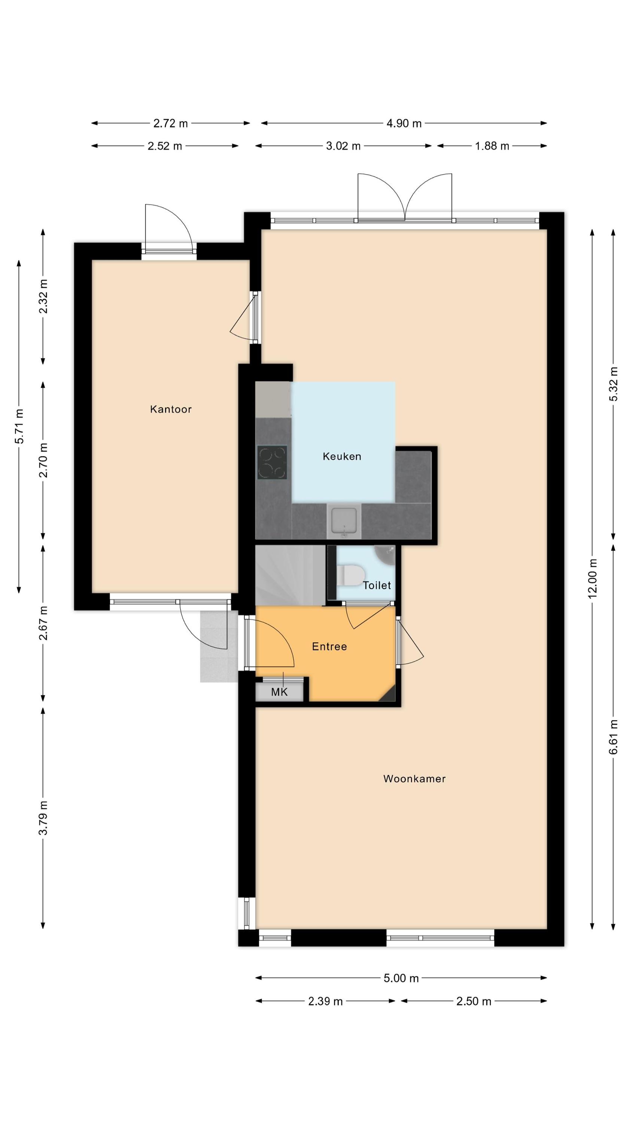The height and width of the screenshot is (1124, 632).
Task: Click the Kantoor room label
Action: click(x=170, y=409)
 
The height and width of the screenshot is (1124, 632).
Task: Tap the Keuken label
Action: click(x=342, y=456)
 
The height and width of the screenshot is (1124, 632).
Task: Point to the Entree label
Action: click(x=329, y=647)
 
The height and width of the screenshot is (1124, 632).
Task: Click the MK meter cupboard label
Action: click(x=279, y=692)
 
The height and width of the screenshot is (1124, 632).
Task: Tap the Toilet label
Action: click(x=377, y=586)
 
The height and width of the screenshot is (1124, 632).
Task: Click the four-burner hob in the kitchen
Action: click(x=272, y=462)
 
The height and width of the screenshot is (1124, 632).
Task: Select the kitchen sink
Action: click(x=344, y=520)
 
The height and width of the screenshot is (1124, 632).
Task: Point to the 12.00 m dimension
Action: click(x=592, y=578)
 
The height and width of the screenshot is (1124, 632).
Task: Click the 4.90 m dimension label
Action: click(x=404, y=124)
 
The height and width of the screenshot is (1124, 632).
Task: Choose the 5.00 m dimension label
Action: click(x=401, y=978)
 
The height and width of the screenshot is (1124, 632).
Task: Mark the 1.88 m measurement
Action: click(x=492, y=146)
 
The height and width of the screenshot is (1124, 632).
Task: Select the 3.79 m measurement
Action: click(x=43, y=818)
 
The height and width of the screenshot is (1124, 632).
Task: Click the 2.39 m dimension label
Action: click(x=325, y=1001)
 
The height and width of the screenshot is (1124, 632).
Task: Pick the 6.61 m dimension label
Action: click(x=614, y=737)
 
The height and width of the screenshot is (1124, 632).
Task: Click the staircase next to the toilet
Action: click(x=290, y=575)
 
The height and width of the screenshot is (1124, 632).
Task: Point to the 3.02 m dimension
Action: click(x=343, y=146)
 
